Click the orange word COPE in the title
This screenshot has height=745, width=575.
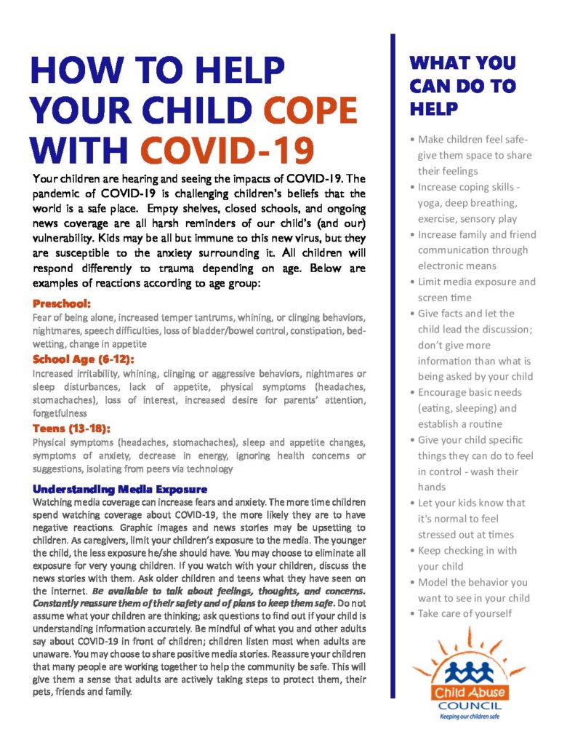(310, 109)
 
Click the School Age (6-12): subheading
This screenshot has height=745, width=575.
(84, 359)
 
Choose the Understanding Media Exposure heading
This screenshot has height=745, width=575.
(120, 488)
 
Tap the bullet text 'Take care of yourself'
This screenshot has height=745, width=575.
(465, 613)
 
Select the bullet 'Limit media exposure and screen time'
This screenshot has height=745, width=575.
(476, 290)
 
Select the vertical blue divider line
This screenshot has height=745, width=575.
(393, 364)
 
